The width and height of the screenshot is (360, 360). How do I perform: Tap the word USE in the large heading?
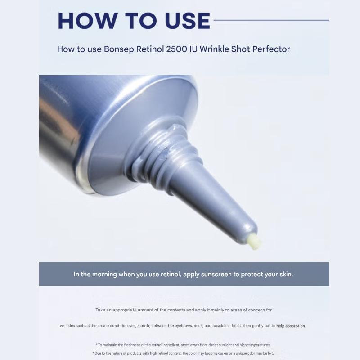[x=184, y=21]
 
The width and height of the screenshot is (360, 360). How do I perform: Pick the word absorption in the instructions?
[x=293, y=326]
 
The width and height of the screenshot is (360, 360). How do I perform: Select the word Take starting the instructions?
[x=100, y=310]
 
